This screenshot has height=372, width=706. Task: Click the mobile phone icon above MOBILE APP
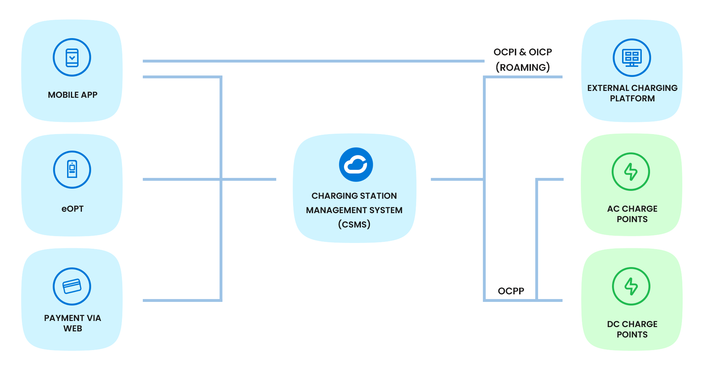pyautogui.click(x=72, y=58)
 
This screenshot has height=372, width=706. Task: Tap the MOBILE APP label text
pyautogui.click(x=72, y=95)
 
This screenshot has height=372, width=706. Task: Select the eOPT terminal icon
pyautogui.click(x=72, y=169)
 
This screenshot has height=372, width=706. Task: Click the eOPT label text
pyautogui.click(x=72, y=209)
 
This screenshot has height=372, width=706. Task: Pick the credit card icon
pyautogui.click(x=72, y=286)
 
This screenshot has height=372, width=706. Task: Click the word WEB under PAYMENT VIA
pyautogui.click(x=73, y=329)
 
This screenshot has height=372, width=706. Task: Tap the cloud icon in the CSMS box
pyautogui.click(x=356, y=165)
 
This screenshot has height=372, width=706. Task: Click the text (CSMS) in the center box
pyautogui.click(x=354, y=225)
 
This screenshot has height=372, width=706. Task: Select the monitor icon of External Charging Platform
pyautogui.click(x=632, y=58)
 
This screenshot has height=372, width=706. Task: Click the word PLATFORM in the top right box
pyautogui.click(x=632, y=98)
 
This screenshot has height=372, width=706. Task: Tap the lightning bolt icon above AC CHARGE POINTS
pyautogui.click(x=631, y=171)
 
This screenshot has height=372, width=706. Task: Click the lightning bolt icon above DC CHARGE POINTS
pyautogui.click(x=631, y=286)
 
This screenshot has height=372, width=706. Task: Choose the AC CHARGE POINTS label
pyautogui.click(x=632, y=214)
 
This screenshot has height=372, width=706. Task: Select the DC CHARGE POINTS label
pyautogui.click(x=632, y=329)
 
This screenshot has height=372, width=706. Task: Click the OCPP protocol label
pyautogui.click(x=511, y=291)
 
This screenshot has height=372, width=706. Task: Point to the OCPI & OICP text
pyautogui.click(x=523, y=52)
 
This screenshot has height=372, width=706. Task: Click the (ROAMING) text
pyautogui.click(x=523, y=67)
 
